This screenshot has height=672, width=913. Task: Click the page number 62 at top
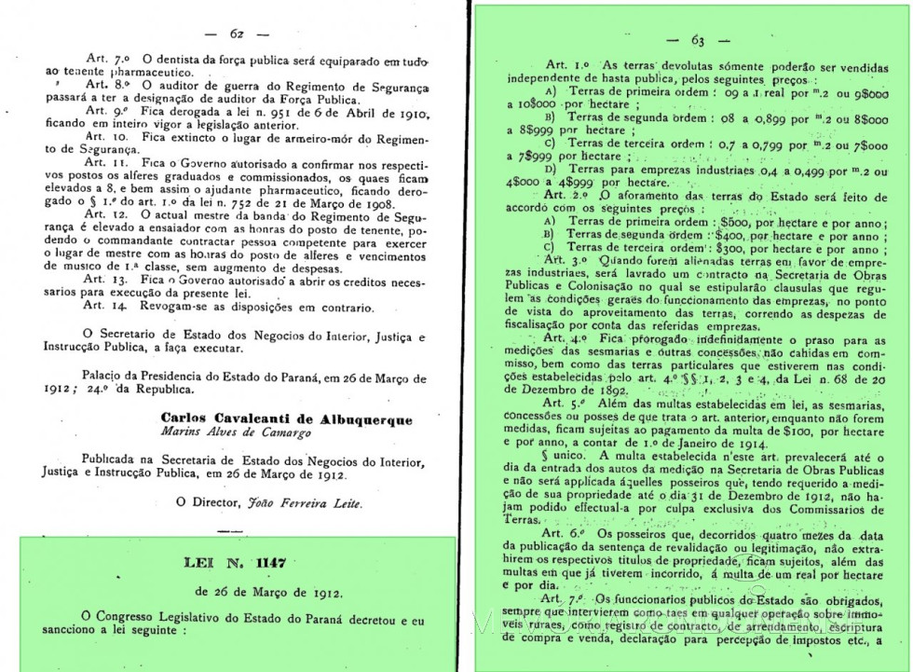pyautogui.click(x=237, y=34)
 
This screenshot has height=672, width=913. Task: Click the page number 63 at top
pyautogui.click(x=697, y=39)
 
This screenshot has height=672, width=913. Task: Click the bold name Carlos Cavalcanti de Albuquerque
pyautogui.click(x=286, y=419)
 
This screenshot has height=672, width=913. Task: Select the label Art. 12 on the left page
pyautogui.click(x=101, y=213)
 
